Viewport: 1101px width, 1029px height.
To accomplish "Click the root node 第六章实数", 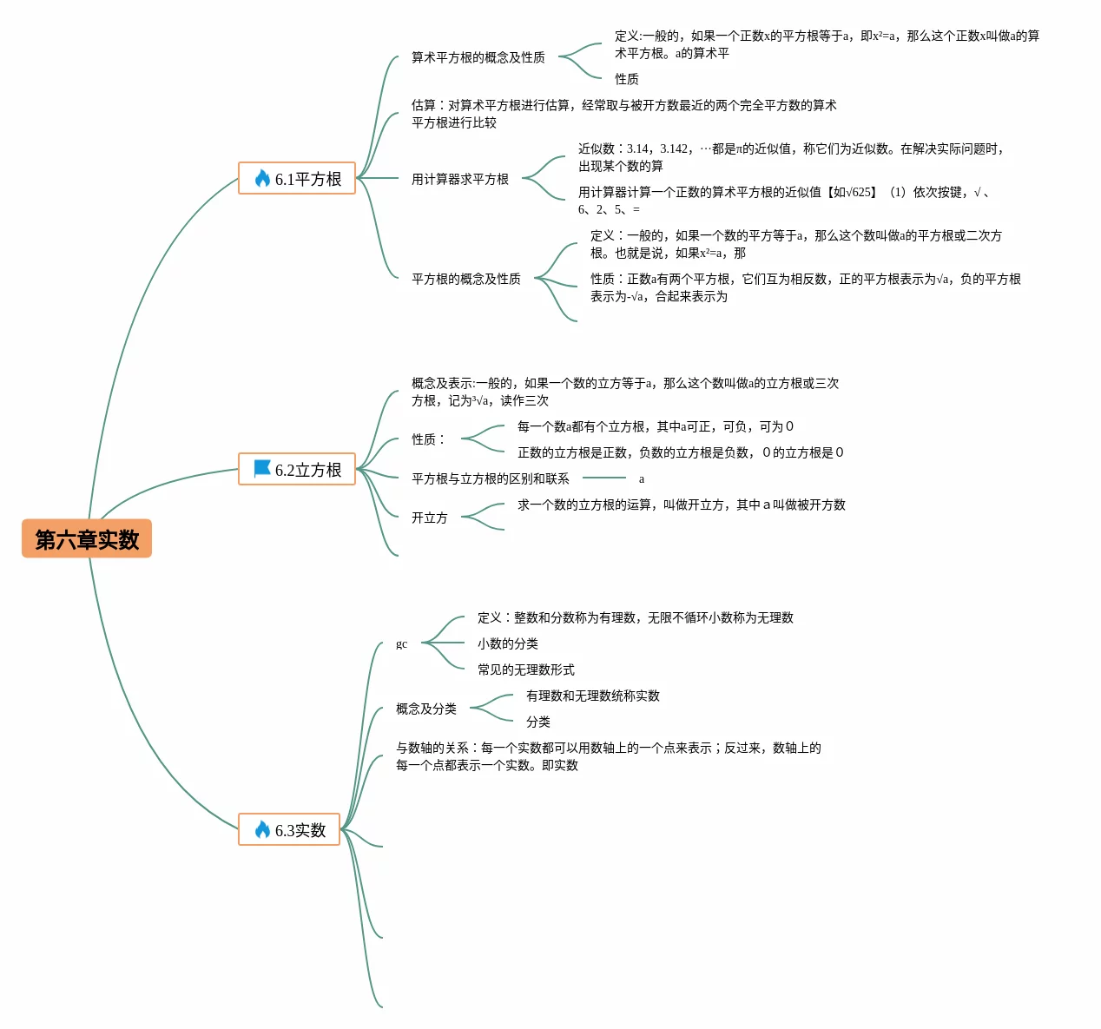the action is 87,539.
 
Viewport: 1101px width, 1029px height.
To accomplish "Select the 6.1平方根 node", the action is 297,179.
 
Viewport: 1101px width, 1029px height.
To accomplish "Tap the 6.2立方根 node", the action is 297,470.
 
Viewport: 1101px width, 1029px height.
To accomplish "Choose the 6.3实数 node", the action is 289,830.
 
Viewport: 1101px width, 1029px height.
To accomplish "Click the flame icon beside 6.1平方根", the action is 262,179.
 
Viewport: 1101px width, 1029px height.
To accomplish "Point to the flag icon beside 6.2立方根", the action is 262,469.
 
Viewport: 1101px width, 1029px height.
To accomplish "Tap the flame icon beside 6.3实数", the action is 262,830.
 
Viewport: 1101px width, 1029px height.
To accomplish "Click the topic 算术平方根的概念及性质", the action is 478,57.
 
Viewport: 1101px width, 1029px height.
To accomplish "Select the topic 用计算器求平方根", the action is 459,179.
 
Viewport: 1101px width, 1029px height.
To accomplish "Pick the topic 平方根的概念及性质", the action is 465,279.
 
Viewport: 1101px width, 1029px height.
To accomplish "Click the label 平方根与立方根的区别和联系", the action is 490,478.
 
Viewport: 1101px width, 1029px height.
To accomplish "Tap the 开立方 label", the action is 429,518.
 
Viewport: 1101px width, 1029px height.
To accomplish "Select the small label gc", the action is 401,643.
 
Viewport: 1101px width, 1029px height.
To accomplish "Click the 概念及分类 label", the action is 425,709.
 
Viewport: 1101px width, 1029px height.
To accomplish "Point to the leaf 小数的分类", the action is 507,643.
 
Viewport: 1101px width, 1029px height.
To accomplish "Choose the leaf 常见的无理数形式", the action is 525,670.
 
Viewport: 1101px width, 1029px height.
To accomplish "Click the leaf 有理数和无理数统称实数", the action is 592,696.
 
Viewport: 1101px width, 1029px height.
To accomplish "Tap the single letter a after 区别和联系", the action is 642,478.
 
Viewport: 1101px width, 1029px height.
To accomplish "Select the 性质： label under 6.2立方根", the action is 427,439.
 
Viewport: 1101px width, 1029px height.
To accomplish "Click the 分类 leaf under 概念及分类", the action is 537,722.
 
